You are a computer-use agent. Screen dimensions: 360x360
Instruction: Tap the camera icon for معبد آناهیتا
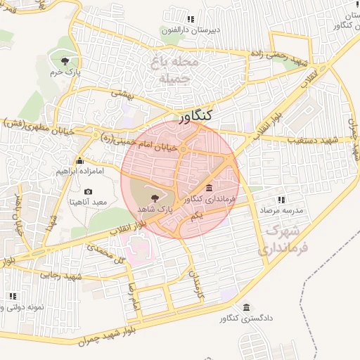[x=88, y=191]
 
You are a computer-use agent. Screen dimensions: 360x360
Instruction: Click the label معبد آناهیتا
[x=88, y=202]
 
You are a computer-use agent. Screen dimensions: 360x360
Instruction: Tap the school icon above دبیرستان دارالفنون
[x=191, y=19]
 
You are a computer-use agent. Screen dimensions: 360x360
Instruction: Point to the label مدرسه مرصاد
[x=281, y=211]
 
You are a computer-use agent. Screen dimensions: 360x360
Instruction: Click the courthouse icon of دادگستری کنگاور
[x=246, y=308]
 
